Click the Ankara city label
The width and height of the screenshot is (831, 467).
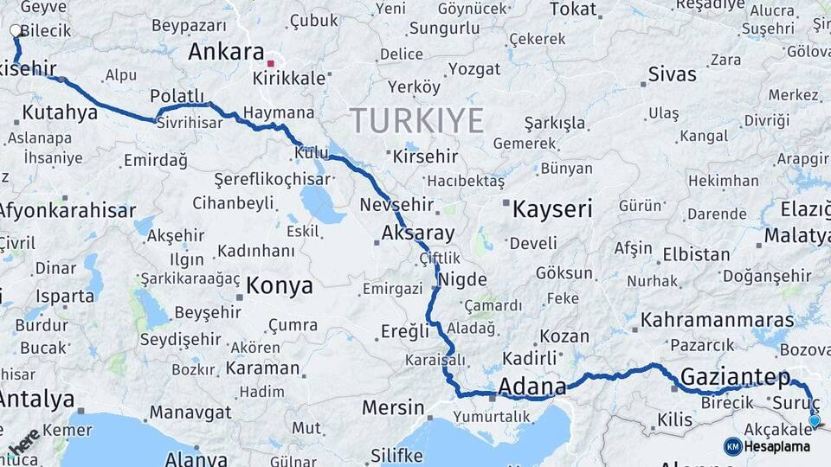226,51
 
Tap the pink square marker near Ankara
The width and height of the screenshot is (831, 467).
270,63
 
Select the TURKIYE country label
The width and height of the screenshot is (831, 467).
416,121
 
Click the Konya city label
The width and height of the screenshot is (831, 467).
279,285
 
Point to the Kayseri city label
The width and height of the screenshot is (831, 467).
552,208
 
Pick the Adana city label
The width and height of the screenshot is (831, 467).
532,386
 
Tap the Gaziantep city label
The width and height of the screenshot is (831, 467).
735,377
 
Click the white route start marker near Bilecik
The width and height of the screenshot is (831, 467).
16,31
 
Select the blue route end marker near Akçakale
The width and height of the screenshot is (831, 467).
814,421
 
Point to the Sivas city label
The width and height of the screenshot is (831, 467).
672,74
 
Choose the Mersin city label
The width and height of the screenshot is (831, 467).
393,407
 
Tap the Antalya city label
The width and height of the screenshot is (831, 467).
36,400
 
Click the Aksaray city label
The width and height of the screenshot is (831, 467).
418,233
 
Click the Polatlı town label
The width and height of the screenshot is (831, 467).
177,95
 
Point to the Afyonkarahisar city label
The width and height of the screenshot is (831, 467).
67,210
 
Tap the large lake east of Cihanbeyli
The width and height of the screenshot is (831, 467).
322,204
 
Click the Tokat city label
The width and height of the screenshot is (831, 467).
573,10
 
